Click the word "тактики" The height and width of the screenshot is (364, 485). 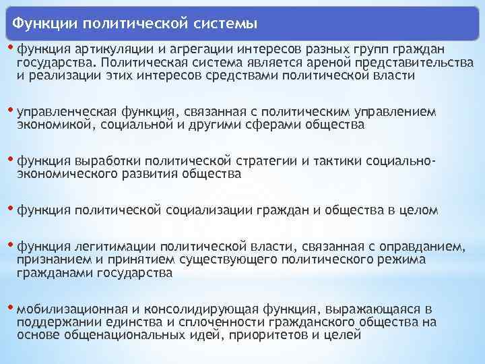pos(337,161)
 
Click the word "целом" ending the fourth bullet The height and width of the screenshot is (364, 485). pos(420,211)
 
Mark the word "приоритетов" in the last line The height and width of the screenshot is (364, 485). pos(292,336)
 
